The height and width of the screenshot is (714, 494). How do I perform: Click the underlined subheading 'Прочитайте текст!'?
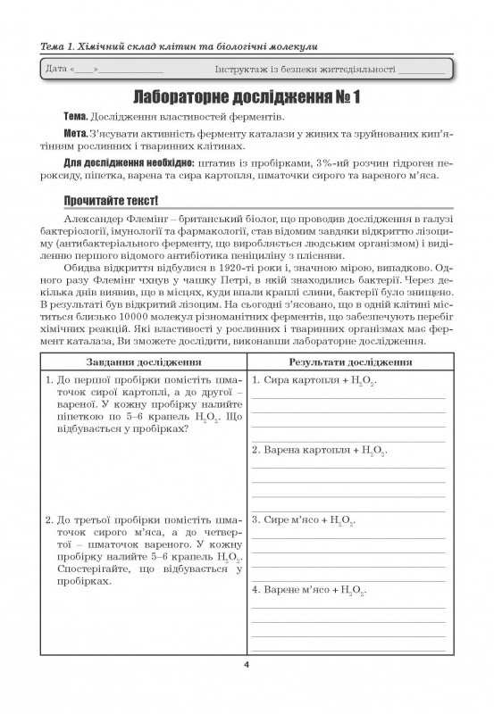pos(111,200)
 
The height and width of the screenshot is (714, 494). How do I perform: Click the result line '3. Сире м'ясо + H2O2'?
pos(303,519)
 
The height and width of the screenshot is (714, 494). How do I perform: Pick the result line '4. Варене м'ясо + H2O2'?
pos(308,590)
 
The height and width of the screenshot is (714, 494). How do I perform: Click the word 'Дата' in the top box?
pos(55,69)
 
